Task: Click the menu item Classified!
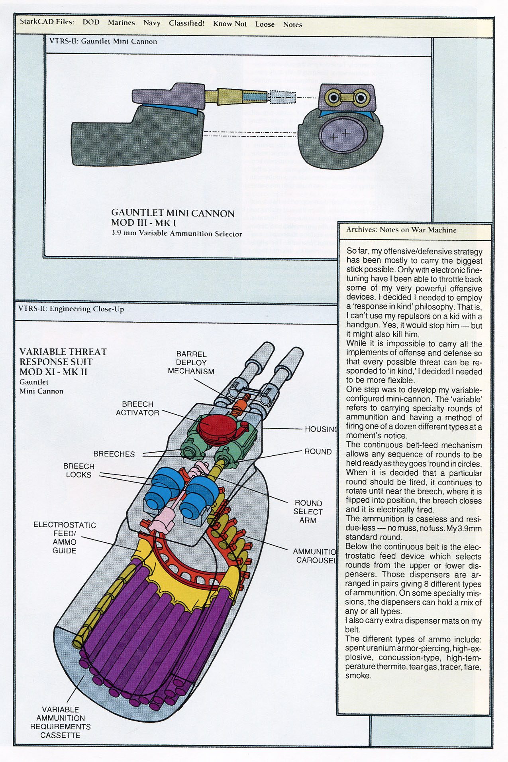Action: (186, 23)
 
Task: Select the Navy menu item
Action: (152, 23)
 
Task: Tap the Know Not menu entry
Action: (229, 24)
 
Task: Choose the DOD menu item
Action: (91, 22)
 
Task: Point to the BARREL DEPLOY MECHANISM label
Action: (191, 362)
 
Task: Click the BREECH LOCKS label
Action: (78, 471)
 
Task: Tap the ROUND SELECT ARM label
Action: (308, 512)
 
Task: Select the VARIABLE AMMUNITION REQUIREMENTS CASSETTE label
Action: (61, 722)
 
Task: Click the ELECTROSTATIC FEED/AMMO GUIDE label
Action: (65, 538)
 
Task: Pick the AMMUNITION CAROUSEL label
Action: (315, 556)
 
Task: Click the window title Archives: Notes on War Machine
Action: (401, 230)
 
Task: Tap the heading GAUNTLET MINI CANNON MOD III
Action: (173, 218)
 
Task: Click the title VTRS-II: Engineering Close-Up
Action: (71, 309)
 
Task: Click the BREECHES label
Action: (114, 454)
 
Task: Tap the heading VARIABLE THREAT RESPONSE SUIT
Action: (63, 362)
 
